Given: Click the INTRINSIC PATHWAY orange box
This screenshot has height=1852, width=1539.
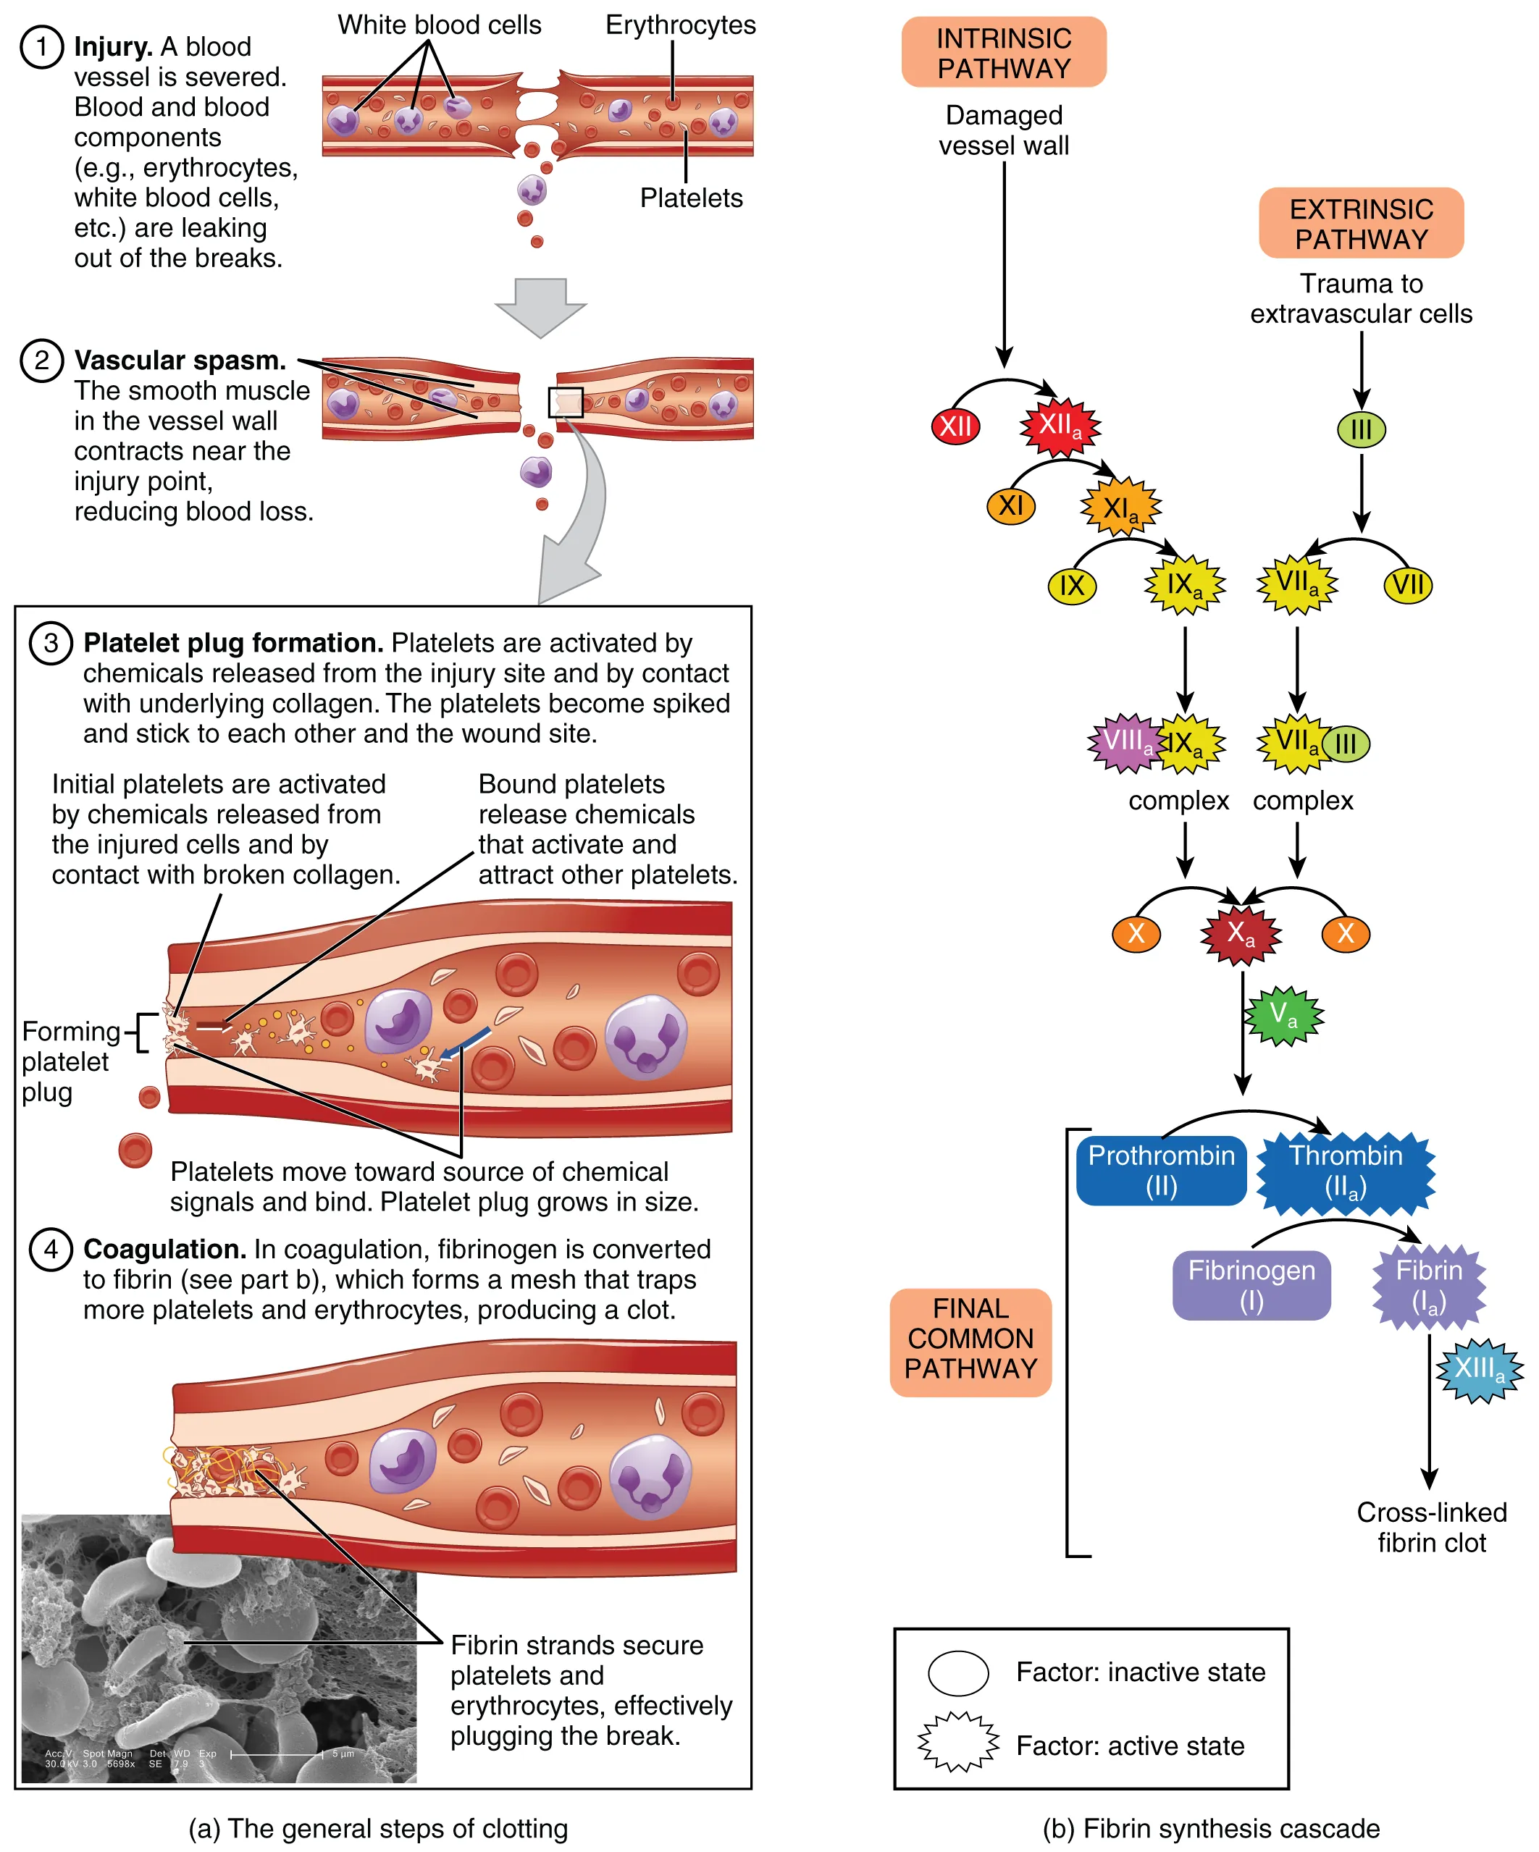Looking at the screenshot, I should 1003,52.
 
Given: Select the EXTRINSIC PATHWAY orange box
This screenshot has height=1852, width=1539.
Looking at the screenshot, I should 1360,223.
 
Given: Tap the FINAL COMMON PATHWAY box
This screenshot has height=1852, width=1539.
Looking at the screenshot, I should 970,1342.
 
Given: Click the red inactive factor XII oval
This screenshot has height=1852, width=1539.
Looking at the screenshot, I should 955,427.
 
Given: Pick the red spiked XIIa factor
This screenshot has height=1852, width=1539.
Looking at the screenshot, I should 1060,427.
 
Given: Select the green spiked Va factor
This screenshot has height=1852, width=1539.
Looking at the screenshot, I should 1283,1017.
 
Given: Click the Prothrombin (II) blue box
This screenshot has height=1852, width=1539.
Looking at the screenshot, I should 1161,1170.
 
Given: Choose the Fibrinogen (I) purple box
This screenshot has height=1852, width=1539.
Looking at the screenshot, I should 1251,1285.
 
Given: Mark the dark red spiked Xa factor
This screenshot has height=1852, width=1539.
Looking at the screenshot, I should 1240,934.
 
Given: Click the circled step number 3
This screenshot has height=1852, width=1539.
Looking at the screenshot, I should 50,643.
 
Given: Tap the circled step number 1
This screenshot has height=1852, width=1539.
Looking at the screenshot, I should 41,47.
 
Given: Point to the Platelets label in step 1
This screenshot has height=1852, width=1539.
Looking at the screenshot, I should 691,198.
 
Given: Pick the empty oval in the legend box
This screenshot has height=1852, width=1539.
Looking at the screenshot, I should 957,1673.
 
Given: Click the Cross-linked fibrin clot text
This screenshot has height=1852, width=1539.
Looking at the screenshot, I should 1430,1528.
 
